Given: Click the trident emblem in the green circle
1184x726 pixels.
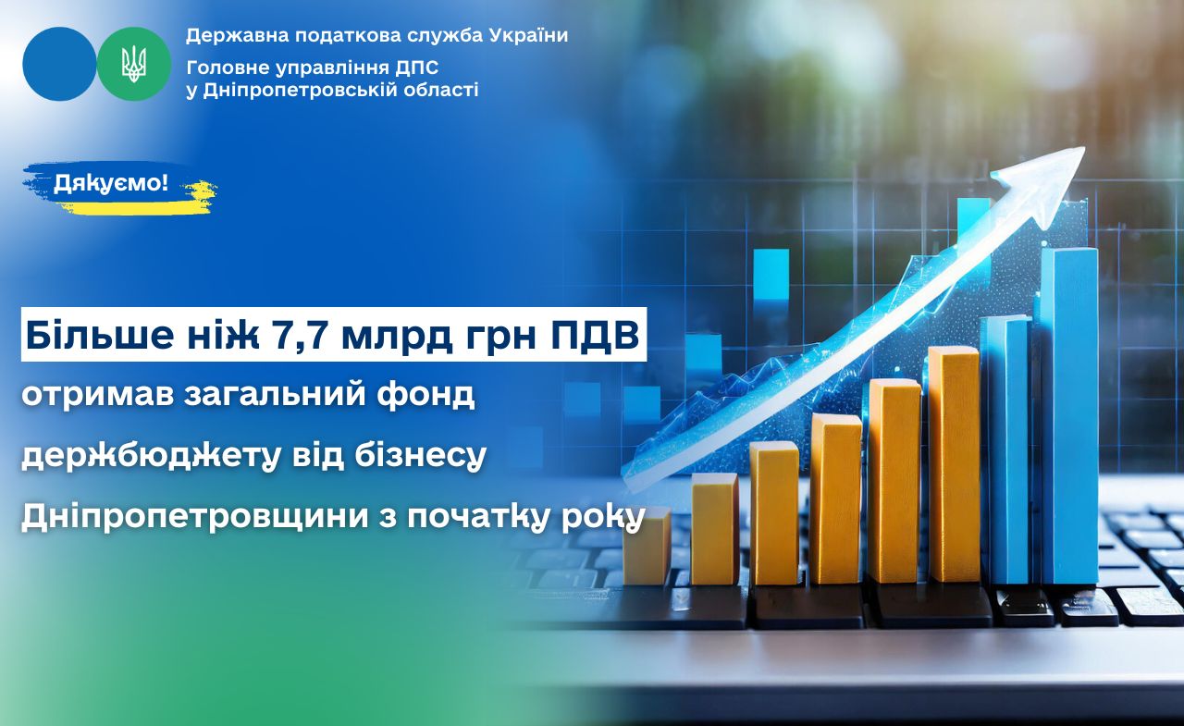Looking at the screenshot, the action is coord(134,64).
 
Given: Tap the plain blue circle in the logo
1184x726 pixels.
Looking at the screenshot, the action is coord(60,64).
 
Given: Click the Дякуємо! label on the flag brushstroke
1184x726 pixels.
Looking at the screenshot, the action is coord(111,183).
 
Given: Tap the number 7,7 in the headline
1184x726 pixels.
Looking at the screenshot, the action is coord(299,336).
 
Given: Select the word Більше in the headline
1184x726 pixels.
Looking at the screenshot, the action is coord(99,335).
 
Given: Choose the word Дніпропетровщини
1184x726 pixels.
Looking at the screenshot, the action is coord(194,516).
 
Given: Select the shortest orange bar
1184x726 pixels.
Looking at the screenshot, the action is coord(647,547).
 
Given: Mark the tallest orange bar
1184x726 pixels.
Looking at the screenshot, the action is coord(954,464).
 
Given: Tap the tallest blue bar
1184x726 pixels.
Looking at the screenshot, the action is coord(1067,414).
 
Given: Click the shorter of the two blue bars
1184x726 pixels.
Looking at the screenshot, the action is coord(1005,449).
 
